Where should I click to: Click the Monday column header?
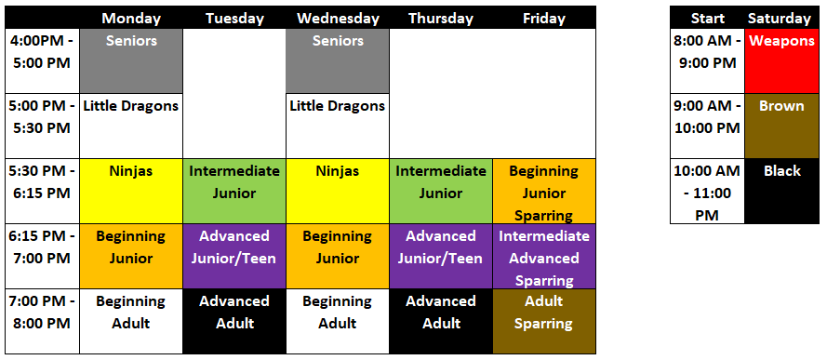click(x=131, y=19)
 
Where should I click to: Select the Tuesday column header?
click(x=234, y=19)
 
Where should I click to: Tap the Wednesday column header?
click(x=338, y=19)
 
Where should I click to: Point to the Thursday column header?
click(x=441, y=19)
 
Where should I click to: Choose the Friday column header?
click(x=544, y=19)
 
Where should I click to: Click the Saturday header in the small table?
click(x=780, y=19)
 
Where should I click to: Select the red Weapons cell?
click(x=782, y=61)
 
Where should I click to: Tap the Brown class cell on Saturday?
click(x=782, y=127)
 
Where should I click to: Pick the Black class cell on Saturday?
click(x=782, y=192)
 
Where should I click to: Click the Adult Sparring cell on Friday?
click(x=544, y=322)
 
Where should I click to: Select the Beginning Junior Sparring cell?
click(x=544, y=192)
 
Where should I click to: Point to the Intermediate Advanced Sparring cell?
click(x=544, y=256)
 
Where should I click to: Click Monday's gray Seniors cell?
click(x=131, y=61)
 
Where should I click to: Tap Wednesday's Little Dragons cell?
click(x=338, y=127)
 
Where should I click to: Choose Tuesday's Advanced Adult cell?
click(x=234, y=322)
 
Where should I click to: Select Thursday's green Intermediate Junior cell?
click(x=441, y=192)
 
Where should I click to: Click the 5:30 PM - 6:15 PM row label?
click(x=42, y=182)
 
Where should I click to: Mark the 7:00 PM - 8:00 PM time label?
click(x=42, y=313)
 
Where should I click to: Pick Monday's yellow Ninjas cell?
click(x=131, y=192)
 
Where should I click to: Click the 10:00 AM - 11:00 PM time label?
click(x=707, y=193)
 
